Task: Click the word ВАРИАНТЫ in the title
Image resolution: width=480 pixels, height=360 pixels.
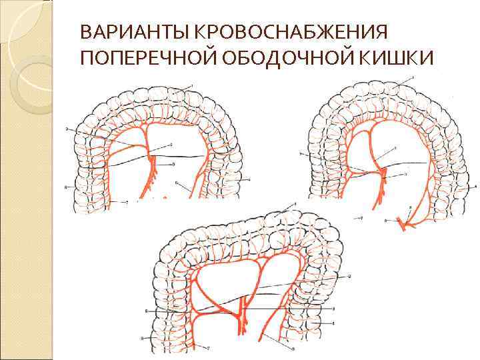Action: pos(119,32)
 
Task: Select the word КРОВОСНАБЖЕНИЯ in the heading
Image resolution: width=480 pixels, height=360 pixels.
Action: pos(261,32)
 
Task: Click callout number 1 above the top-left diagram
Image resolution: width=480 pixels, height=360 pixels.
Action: pos(193,83)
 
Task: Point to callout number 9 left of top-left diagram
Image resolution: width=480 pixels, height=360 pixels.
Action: pos(67,128)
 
